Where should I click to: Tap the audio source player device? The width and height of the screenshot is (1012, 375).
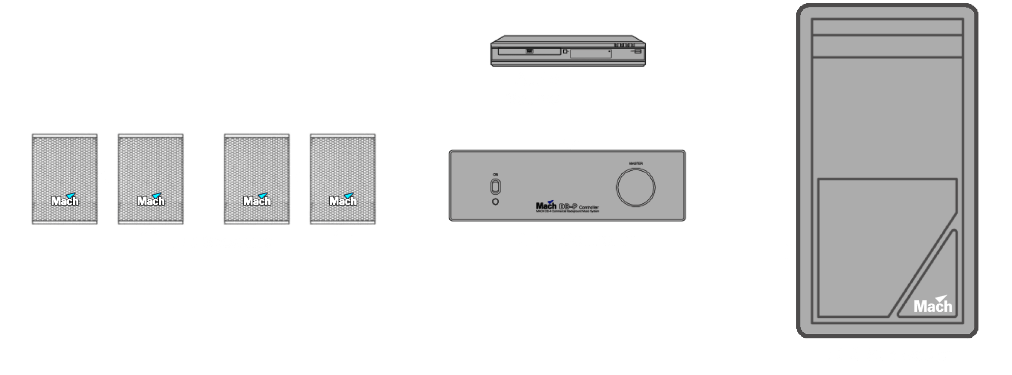click(x=568, y=51)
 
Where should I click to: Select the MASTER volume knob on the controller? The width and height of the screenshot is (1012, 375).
click(x=635, y=187)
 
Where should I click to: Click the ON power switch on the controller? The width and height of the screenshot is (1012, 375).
click(x=496, y=187)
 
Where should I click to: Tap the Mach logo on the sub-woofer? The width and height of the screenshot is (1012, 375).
click(x=933, y=304)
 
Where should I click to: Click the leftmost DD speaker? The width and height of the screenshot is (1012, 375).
click(x=65, y=178)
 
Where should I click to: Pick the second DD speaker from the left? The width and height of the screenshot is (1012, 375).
click(x=151, y=178)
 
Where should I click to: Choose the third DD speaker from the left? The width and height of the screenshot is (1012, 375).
click(x=256, y=178)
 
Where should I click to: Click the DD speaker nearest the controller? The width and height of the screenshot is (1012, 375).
click(x=342, y=178)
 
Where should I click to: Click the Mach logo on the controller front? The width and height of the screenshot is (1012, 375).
click(x=546, y=206)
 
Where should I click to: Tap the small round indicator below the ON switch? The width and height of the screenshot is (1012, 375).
click(x=496, y=202)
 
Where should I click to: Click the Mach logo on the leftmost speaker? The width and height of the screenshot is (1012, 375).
click(x=65, y=200)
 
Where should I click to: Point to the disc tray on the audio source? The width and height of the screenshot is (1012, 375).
click(x=529, y=51)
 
